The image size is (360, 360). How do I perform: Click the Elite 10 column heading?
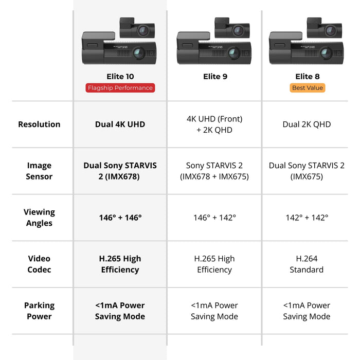point(120,77)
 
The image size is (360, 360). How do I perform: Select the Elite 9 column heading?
point(215,77)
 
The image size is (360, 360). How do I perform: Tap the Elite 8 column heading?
point(308,77)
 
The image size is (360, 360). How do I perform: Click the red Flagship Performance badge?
point(120,88)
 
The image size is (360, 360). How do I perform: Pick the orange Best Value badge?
point(308,88)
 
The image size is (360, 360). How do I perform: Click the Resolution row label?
point(39,124)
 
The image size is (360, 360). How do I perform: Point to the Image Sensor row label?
point(39,171)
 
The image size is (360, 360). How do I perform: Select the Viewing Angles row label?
point(39,218)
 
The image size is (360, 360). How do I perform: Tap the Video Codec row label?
point(39,264)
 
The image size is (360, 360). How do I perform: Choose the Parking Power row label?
point(39,311)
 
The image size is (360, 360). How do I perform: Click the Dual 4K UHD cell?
point(120,124)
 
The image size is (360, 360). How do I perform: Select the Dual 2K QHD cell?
point(307,124)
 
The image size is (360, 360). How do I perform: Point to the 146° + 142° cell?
point(214,218)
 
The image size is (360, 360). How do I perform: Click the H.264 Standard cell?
point(307,264)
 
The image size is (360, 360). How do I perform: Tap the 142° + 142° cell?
point(307,218)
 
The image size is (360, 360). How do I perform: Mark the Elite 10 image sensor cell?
point(120,171)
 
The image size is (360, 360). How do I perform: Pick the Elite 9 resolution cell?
point(214,124)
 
